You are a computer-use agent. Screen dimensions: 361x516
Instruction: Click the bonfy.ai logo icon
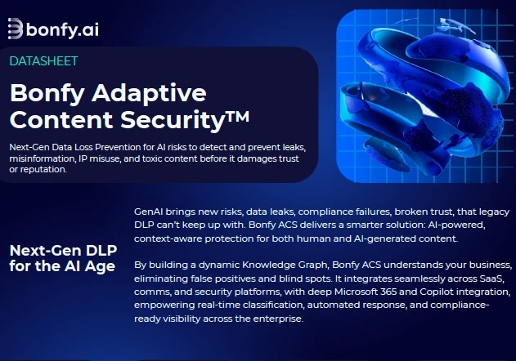pos(16,29)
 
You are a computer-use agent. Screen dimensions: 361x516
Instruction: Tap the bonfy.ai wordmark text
pos(63,29)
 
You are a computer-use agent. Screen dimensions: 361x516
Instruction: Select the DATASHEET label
pos(44,60)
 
